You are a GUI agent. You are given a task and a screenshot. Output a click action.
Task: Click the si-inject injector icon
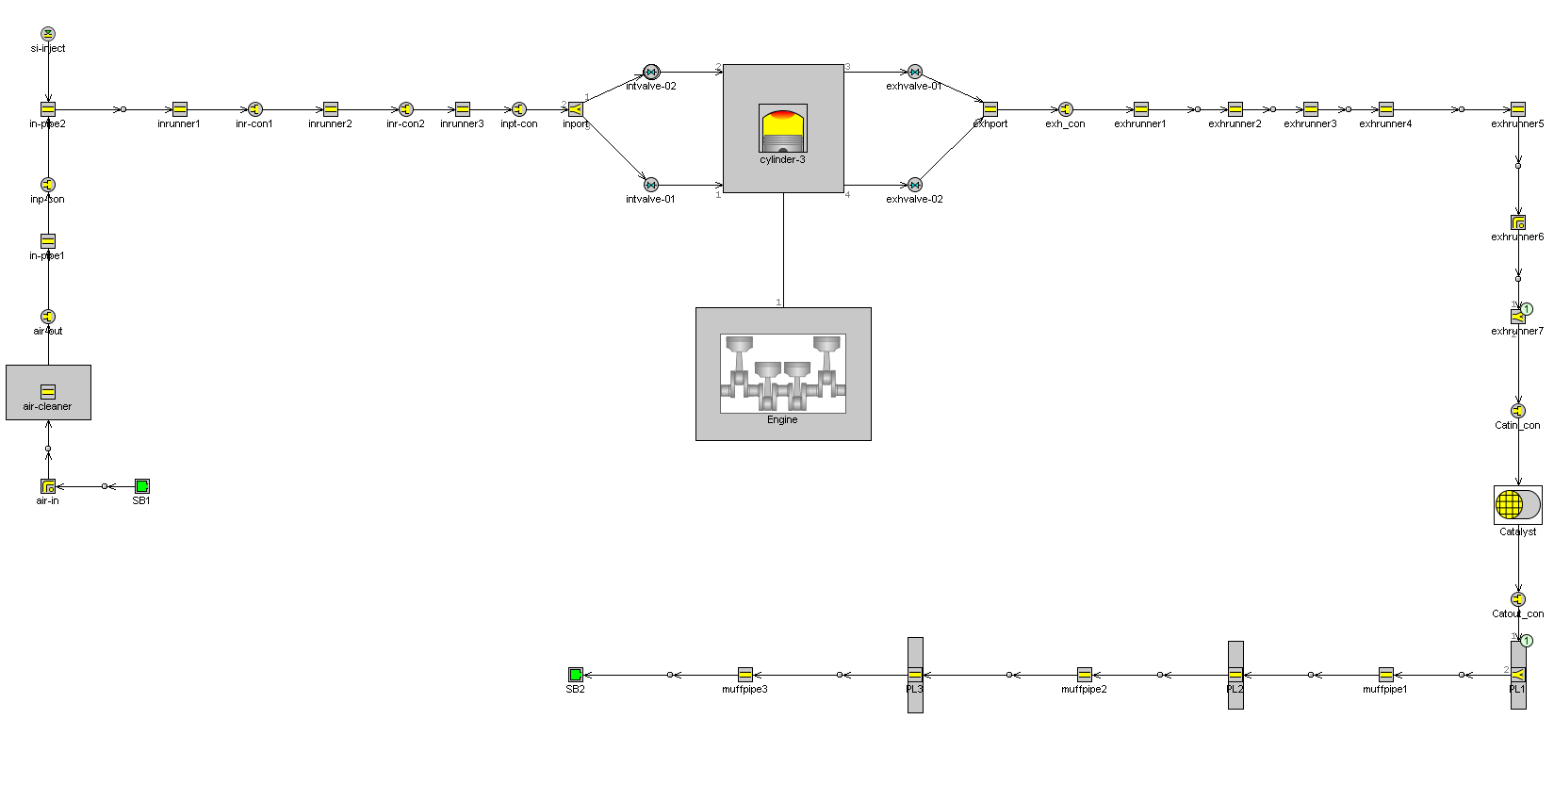[48, 34]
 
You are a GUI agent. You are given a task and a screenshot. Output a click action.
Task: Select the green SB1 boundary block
[142, 486]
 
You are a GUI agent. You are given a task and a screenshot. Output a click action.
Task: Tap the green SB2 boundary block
[576, 675]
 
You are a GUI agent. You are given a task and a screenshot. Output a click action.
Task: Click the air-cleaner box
[48, 392]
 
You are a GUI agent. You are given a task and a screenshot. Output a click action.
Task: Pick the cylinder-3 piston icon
[782, 129]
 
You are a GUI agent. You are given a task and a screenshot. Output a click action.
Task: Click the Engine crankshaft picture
[782, 373]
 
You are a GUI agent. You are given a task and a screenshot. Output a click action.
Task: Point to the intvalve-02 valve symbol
[651, 72]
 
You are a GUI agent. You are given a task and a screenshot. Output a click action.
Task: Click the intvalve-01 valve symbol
[651, 185]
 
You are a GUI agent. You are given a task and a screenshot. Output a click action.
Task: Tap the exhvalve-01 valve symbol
[915, 72]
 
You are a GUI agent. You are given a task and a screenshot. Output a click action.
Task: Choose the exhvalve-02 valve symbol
[915, 185]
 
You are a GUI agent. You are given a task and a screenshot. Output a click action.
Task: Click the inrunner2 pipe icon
[331, 109]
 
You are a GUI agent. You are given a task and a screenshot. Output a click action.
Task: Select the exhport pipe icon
[990, 109]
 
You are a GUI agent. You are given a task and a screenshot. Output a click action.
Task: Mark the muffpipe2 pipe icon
[1085, 675]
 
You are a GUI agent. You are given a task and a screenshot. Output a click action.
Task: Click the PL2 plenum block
[1235, 675]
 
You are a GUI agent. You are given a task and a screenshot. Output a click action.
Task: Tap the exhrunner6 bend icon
[1518, 222]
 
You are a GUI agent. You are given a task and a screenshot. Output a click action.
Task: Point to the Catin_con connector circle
[1518, 411]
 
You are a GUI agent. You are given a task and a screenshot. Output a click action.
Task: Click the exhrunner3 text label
[1310, 123]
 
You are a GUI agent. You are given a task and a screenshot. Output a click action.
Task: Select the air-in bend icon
[48, 486]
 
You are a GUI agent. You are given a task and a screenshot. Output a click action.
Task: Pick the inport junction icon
[576, 109]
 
